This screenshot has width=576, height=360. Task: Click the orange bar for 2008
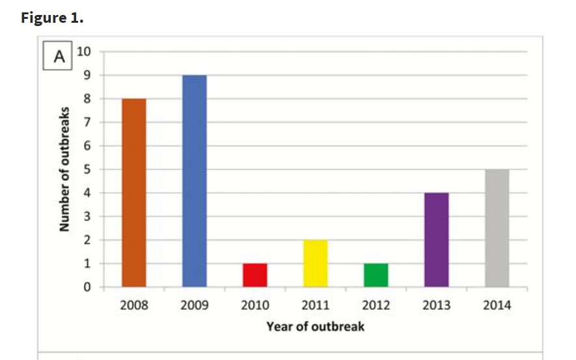134,193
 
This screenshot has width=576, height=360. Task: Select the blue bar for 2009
195,181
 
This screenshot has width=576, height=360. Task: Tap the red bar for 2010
255,275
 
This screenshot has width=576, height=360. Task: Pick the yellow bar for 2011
316,264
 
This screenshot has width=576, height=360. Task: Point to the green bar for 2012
376,275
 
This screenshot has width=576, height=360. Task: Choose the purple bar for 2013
437,240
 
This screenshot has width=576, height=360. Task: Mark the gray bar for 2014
497,228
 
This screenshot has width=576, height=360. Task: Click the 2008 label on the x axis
134,305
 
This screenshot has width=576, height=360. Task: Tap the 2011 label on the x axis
316,305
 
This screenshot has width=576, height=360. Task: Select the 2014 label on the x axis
497,305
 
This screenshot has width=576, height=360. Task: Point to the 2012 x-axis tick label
376,305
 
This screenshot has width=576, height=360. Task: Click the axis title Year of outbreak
316,326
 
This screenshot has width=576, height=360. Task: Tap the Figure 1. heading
52,18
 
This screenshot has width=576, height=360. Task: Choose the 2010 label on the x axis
255,305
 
